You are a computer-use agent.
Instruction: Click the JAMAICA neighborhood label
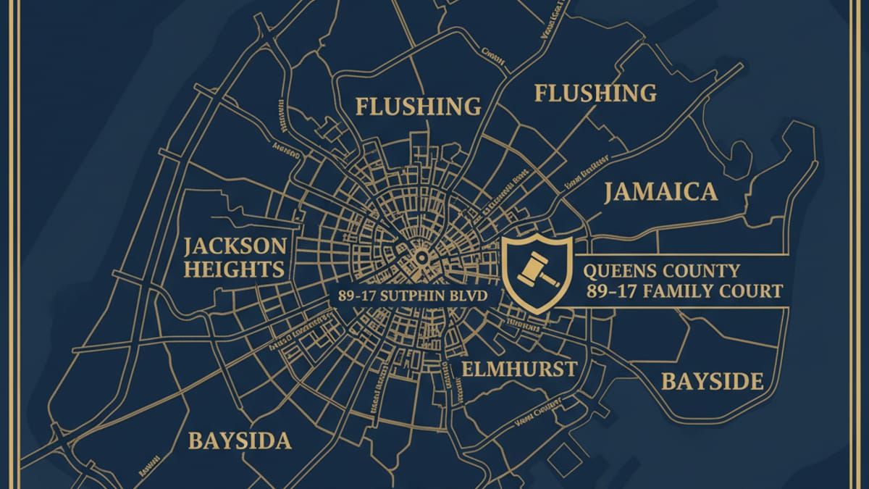pyautogui.click(x=660, y=192)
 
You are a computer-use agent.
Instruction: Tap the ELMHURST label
pyautogui.click(x=520, y=369)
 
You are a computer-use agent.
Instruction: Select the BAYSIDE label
pyautogui.click(x=713, y=381)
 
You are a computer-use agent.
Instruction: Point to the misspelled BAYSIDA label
pyautogui.click(x=239, y=440)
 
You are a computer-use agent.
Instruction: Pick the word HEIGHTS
pyautogui.click(x=234, y=269)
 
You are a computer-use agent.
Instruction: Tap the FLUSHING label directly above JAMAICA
pyautogui.click(x=595, y=93)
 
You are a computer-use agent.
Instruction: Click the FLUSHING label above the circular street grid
pyautogui.click(x=419, y=107)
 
